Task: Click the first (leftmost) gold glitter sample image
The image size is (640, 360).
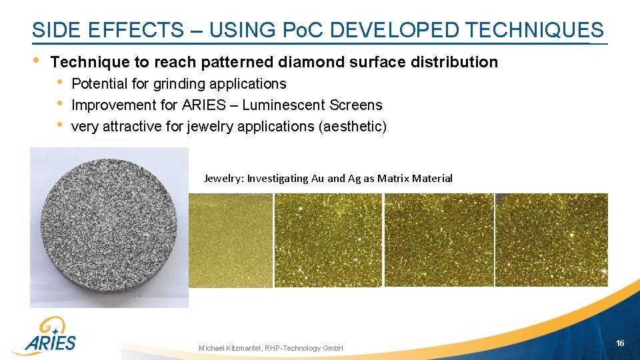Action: pyautogui.click(x=231, y=240)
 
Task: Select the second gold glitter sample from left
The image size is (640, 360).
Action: pyautogui.click(x=328, y=240)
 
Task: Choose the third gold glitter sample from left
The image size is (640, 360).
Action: pyautogui.click(x=439, y=240)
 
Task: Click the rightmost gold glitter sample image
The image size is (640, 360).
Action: pyautogui.click(x=551, y=240)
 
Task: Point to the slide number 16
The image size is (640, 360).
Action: pyautogui.click(x=620, y=343)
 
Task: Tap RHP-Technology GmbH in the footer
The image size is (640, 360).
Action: pyautogui.click(x=304, y=349)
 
